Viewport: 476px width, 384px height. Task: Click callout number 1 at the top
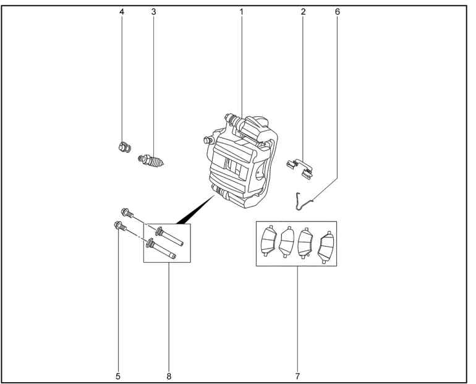[242, 11]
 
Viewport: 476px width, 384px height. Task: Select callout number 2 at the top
[304, 11]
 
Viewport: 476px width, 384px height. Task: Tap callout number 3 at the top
[152, 11]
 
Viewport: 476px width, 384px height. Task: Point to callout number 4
[121, 11]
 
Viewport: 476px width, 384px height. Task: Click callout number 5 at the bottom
[117, 375]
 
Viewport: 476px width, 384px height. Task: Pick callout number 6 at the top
[338, 11]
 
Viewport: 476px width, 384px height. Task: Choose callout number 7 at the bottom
[297, 375]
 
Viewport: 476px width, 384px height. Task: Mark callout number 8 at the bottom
[168, 375]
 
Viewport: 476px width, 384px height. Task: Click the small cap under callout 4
[122, 147]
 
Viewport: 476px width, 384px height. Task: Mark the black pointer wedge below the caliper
[195, 210]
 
